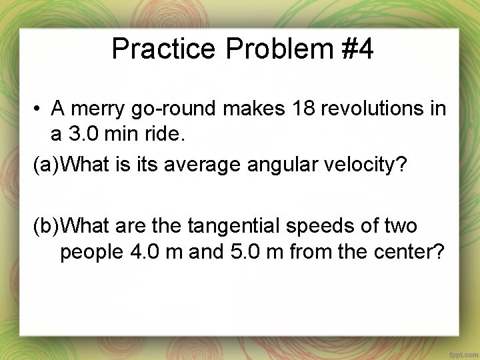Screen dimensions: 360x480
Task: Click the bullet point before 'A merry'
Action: click(x=41, y=109)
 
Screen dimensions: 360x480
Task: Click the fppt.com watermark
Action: click(x=459, y=351)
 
